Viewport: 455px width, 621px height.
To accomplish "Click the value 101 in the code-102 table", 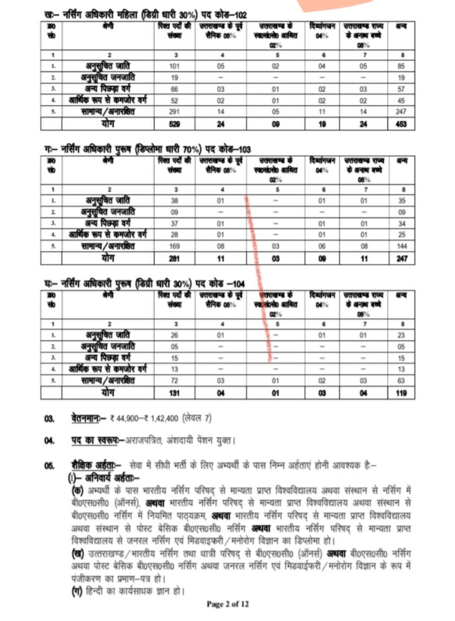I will point(174,66).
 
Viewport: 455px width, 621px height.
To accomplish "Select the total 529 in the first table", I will point(174,124).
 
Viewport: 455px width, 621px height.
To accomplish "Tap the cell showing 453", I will point(401,124).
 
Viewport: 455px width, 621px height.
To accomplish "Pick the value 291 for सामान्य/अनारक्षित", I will point(174,112).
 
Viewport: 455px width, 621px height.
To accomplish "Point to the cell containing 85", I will point(401,66).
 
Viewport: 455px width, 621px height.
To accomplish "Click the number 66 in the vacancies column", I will point(174,89).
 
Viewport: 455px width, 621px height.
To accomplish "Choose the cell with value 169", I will point(174,247).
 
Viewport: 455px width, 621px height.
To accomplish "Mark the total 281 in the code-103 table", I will point(174,259).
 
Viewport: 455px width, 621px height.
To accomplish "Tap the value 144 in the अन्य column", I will point(401,247).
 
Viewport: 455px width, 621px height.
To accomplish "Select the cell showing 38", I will point(174,201).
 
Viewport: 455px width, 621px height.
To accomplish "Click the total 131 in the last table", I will point(174,393).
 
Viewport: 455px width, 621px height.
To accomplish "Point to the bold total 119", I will point(401,393).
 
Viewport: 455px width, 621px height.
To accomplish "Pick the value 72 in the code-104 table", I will point(174,381).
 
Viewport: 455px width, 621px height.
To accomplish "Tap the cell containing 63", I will point(401,381).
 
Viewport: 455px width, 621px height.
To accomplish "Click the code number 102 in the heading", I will point(240,16).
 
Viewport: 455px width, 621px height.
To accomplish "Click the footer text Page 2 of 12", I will point(227,604).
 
